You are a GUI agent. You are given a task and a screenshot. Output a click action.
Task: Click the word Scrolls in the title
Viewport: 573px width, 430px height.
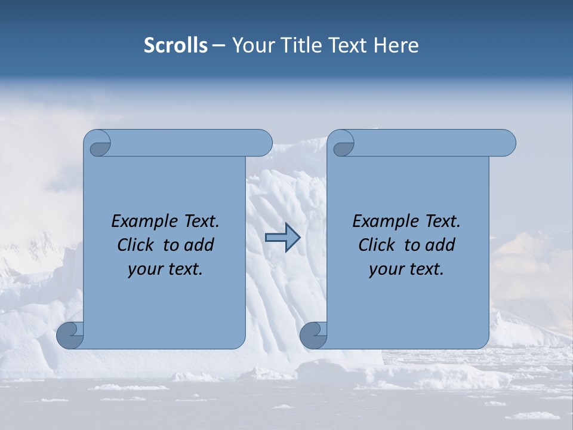click(x=175, y=45)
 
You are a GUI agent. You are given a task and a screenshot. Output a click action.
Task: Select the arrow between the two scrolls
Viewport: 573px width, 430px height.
click(x=282, y=238)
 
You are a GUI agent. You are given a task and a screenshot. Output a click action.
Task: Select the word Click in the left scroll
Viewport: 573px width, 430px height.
click(x=136, y=245)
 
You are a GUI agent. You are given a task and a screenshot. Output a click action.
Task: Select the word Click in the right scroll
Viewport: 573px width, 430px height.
click(x=377, y=245)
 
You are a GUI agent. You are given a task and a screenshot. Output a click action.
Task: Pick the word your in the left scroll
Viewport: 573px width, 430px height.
click(x=144, y=269)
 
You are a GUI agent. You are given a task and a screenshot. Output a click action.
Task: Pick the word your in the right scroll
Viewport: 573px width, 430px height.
click(x=386, y=269)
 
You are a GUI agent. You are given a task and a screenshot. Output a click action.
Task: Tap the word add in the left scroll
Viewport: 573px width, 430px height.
click(x=199, y=245)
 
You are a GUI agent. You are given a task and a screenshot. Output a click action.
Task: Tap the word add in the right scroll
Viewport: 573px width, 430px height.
click(x=440, y=245)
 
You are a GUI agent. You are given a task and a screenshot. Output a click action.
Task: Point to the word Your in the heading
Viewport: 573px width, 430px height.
click(x=250, y=45)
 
